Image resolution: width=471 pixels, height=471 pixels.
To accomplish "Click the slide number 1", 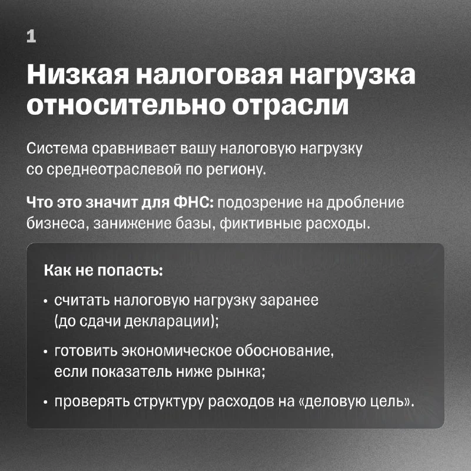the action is (x=31, y=37).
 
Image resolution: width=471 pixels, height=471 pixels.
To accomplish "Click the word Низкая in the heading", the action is (x=78, y=74).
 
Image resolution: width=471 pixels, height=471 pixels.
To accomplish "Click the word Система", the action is (x=57, y=148).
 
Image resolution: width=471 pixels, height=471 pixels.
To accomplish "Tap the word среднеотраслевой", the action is (x=114, y=170).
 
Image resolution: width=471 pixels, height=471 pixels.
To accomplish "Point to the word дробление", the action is (x=365, y=203).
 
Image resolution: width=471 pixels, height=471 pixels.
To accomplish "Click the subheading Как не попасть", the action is (x=104, y=270).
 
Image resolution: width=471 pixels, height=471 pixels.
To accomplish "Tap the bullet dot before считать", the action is (x=46, y=301).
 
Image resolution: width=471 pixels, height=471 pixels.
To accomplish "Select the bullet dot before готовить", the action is (x=46, y=351).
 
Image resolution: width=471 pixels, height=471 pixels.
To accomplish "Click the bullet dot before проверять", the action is (x=46, y=402).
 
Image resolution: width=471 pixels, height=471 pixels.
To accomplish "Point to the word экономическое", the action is (x=176, y=350).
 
